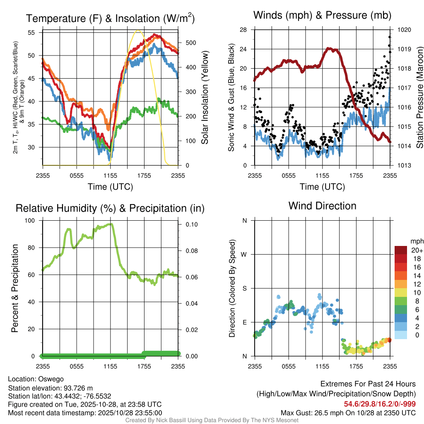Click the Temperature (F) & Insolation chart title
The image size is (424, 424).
(x=110, y=19)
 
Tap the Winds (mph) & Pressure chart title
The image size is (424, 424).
(x=322, y=16)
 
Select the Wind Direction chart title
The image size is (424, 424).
(x=322, y=206)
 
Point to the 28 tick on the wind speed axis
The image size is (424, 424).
(x=243, y=30)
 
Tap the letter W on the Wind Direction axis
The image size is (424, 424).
(x=244, y=254)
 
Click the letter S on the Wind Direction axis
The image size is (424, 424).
(x=244, y=288)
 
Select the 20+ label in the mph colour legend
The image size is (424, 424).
(x=417, y=250)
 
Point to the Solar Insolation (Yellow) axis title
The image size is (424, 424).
(x=205, y=98)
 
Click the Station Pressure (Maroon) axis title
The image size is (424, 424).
(x=419, y=98)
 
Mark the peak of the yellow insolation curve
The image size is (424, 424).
(x=138, y=30)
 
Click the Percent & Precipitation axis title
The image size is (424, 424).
(x=15, y=288)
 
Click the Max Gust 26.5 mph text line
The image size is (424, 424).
(x=348, y=413)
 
